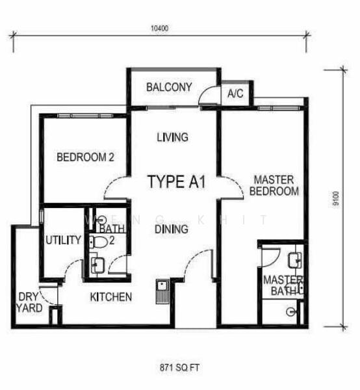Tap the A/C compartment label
click(x=235, y=94)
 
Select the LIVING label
click(x=172, y=137)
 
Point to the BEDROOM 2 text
click(x=85, y=157)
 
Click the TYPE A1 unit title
click(x=176, y=181)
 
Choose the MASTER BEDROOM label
click(x=276, y=185)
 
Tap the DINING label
click(x=172, y=229)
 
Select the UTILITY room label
click(x=62, y=240)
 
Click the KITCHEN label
click(x=111, y=297)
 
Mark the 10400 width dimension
click(x=160, y=29)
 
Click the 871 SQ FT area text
click(x=180, y=367)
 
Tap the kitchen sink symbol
click(x=161, y=291)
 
